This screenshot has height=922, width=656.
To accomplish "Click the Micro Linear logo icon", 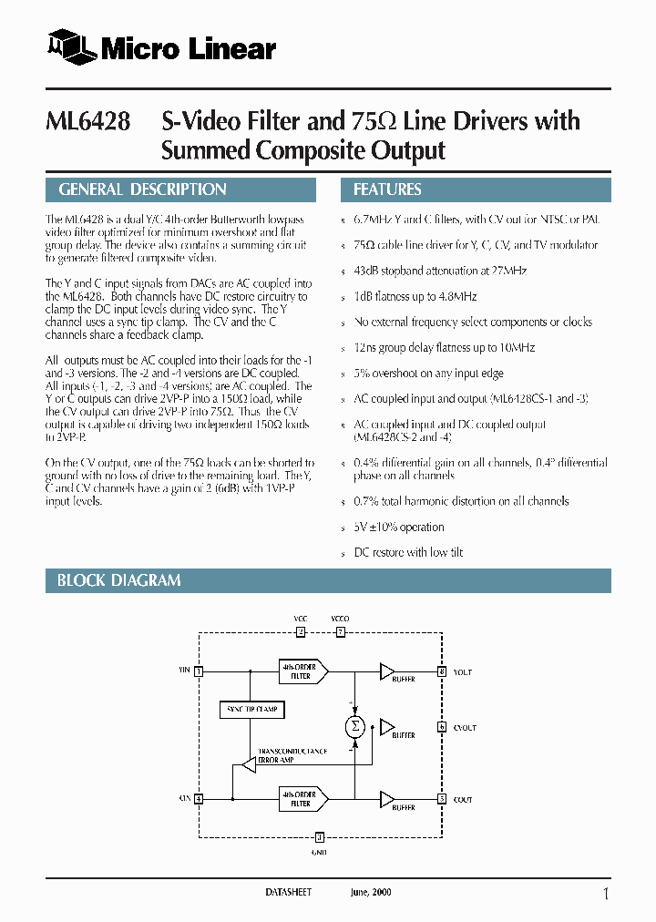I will (71, 48).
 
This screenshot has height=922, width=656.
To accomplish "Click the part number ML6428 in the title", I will (87, 122).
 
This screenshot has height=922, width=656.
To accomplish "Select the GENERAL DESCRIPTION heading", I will (142, 190).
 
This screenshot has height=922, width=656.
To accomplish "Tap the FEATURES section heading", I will (387, 190).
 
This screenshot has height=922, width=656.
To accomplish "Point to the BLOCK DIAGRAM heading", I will (118, 580).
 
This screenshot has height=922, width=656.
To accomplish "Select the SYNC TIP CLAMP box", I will (252, 709).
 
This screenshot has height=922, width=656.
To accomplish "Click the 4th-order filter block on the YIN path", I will (301, 671).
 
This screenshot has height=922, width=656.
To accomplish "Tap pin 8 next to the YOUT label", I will (442, 671).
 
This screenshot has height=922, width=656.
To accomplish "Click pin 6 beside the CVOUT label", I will (442, 727).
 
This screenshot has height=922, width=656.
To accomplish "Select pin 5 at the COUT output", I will (442, 799).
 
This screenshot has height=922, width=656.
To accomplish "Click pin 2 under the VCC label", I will (301, 630).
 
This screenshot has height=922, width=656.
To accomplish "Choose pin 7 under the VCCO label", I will (340, 630).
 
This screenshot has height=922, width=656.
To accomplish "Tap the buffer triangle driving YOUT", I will (387, 671).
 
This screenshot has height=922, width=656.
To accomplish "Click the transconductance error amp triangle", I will (245, 766).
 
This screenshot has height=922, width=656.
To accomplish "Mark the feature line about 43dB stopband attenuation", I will (439, 271).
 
